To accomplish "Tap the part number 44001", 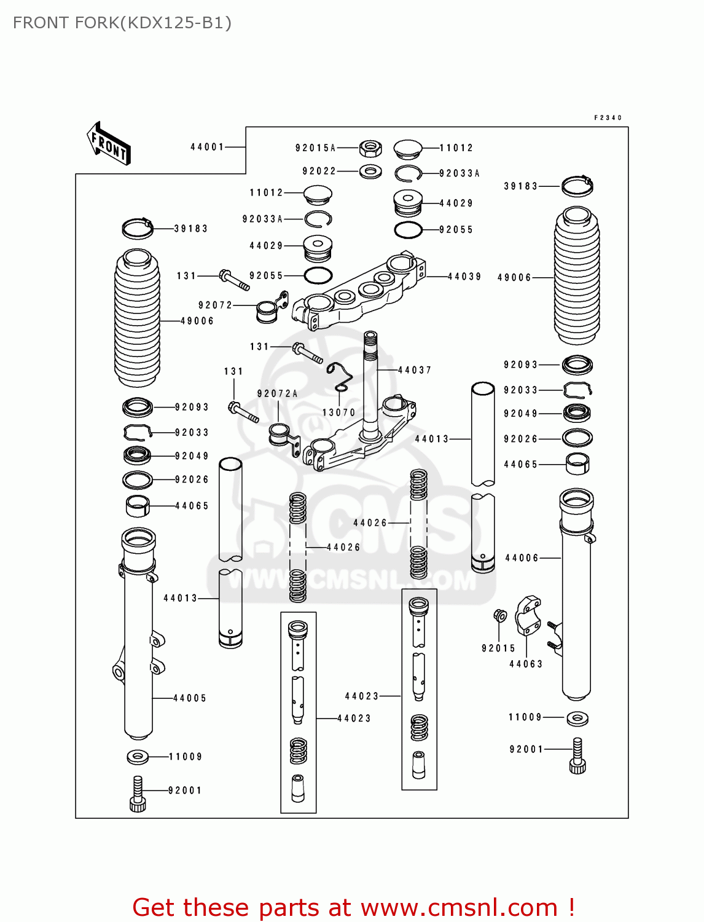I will pyautogui.click(x=207, y=147).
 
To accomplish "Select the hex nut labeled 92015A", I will pyautogui.click(x=370, y=148).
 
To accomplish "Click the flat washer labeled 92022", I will pyautogui.click(x=370, y=171).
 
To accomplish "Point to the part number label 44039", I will pyautogui.click(x=464, y=277).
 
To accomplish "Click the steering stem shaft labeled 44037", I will pyautogui.click(x=370, y=381).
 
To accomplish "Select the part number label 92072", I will pyautogui.click(x=215, y=305).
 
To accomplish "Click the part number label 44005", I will pyautogui.click(x=190, y=698).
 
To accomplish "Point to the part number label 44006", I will pyautogui.click(x=522, y=558).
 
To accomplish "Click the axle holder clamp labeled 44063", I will pyautogui.click(x=527, y=614).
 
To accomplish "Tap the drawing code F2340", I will pyautogui.click(x=608, y=117).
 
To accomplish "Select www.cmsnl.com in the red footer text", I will pyautogui.click(x=459, y=907).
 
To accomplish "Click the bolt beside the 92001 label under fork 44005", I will pyautogui.click(x=138, y=794).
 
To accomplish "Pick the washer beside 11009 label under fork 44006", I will pyautogui.click(x=577, y=717).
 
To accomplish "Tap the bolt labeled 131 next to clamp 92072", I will pyautogui.click(x=234, y=279).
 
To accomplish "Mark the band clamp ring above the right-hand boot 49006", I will pyautogui.click(x=577, y=185).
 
